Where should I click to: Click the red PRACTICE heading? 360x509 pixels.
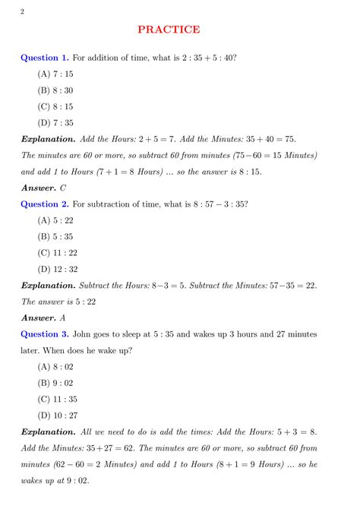pos(169,30)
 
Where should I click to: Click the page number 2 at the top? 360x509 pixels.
pos(22,10)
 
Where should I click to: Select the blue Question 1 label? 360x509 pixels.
pos(44,57)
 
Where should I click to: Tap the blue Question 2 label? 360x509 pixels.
pos(44,204)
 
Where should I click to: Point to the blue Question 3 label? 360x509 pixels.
pos(44,334)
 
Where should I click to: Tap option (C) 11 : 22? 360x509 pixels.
pos(57,252)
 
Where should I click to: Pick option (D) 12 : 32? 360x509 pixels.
pos(57,269)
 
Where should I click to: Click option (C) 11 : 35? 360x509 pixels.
pos(57,399)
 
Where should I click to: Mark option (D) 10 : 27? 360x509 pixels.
pos(57,415)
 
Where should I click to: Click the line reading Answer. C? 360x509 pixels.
pos(43,187)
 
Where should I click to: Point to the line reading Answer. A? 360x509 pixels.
pos(43,318)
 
